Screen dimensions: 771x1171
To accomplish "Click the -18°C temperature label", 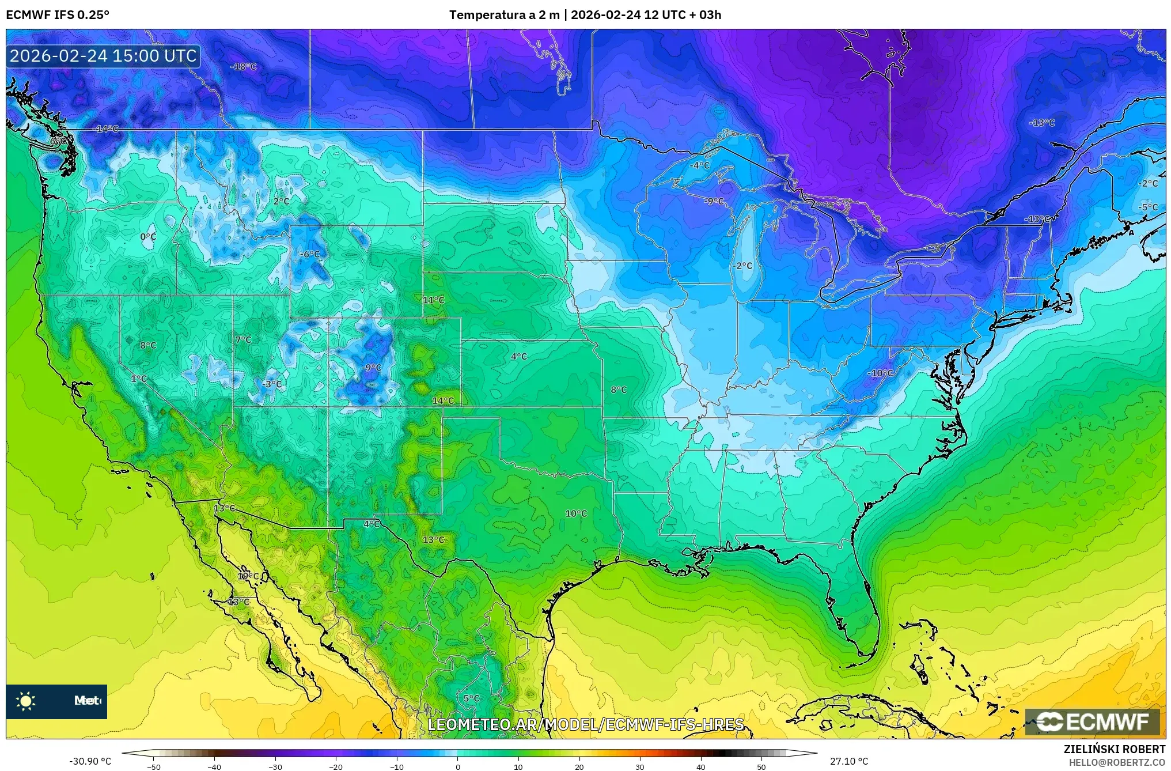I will point(243,67).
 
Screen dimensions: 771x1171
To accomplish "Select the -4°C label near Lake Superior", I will point(700,165).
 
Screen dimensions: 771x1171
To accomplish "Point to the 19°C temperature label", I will point(248,576).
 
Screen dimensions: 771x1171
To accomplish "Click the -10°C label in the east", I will point(880,373).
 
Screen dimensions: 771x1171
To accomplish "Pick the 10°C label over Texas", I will point(576,513).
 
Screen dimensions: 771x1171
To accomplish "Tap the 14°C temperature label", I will point(443,400).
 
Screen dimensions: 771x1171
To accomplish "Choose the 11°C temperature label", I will point(434,300).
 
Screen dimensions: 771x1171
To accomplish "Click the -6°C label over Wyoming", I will point(310,254).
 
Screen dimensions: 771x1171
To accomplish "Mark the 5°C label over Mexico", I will point(471,698).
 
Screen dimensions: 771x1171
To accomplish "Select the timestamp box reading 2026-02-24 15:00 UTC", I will point(103,56).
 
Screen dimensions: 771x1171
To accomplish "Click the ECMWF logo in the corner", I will point(1092,721).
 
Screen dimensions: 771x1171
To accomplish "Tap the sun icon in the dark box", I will point(26,701).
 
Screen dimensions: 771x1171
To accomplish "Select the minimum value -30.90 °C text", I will point(90,761).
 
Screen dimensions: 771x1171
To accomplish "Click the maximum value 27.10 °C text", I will point(848,761).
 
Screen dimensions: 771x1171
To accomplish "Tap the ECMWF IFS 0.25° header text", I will point(58,15).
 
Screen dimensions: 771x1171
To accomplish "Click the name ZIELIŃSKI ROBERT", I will point(1114,749).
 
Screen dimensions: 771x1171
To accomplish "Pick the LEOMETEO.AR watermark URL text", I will point(585,724).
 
